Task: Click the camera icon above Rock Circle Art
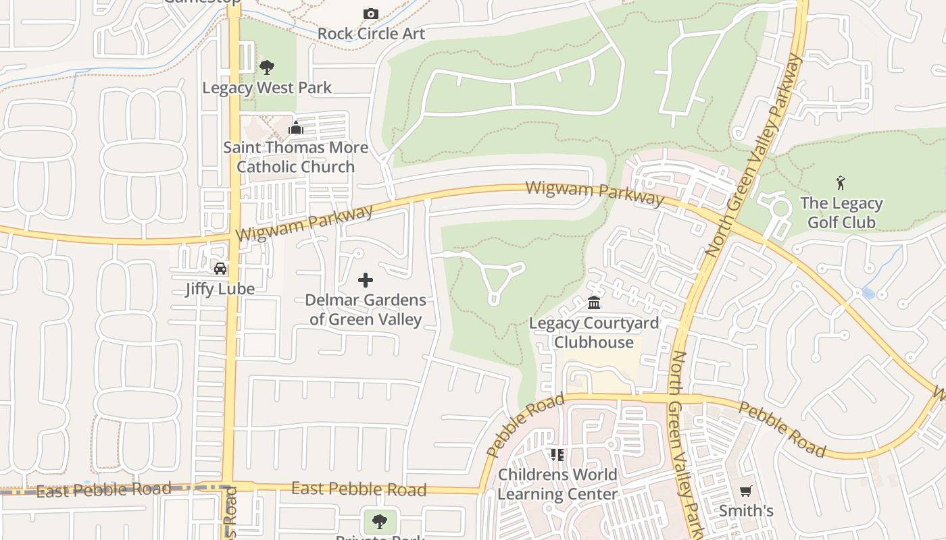pos(370,13)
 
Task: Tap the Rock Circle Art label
pos(371,33)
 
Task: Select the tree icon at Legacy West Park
pos(267,67)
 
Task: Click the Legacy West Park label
pos(267,87)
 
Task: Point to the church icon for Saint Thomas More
pos(296,128)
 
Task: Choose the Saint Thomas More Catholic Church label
pos(296,157)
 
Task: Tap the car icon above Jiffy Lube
pos(220,268)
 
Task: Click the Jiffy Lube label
pos(220,289)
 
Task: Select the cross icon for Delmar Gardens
pos(366,279)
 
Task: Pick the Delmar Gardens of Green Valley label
pos(366,309)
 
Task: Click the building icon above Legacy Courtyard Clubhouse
pos(594,302)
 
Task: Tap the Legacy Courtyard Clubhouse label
pos(594,332)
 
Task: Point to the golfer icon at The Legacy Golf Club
pos(841,182)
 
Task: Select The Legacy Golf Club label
pos(841,213)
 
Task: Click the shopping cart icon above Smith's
pos(746,491)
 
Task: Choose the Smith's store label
pos(746,510)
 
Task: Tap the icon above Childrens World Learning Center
pos(557,454)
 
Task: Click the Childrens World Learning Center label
pos(557,484)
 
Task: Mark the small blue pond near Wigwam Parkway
pos(868,293)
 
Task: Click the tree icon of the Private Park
pos(380,520)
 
